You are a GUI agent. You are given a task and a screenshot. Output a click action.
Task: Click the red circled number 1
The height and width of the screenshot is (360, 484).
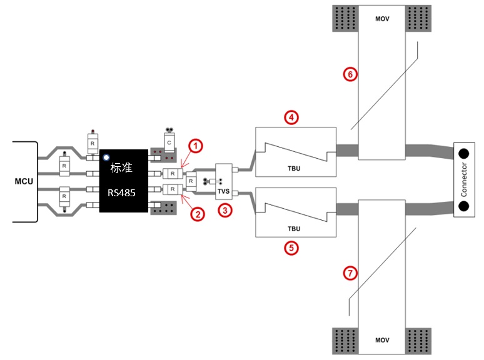click(196, 146)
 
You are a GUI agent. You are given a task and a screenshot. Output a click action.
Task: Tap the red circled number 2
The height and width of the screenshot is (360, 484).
click(198, 214)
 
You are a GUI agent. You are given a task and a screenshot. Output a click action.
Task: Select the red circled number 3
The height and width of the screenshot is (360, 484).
click(225, 211)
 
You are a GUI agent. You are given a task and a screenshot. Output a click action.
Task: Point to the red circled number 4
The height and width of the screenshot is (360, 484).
click(291, 117)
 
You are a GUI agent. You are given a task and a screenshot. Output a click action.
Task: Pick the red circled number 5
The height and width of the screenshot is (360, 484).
click(291, 248)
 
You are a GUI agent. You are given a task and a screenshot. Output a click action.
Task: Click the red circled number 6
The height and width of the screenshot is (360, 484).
click(350, 74)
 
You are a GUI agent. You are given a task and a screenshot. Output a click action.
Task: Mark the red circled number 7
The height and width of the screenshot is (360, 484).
click(350, 273)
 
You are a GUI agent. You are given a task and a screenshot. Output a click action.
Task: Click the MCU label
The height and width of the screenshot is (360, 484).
click(24, 181)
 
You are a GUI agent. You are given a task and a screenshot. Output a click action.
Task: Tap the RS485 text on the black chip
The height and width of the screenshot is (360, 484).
click(121, 192)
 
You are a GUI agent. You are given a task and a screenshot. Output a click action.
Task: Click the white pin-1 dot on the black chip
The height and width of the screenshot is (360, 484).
click(106, 157)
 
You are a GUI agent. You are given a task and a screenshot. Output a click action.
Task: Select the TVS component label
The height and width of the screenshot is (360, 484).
click(223, 191)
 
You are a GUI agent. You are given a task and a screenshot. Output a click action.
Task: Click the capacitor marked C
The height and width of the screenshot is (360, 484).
click(169, 142)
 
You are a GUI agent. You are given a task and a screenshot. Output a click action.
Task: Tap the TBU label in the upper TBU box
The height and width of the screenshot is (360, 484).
click(294, 168)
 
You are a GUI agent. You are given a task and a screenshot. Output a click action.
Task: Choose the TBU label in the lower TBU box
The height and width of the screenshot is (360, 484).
click(294, 229)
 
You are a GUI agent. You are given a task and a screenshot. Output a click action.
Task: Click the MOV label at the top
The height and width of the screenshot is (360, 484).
click(382, 19)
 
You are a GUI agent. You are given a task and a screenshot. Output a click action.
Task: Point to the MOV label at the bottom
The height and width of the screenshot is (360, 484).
click(382, 340)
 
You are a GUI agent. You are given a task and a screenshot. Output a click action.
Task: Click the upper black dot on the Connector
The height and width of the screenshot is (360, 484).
click(463, 153)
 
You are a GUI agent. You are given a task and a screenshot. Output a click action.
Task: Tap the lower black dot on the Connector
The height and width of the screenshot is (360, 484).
click(463, 206)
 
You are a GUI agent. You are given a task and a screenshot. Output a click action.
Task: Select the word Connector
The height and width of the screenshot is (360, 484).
click(464, 180)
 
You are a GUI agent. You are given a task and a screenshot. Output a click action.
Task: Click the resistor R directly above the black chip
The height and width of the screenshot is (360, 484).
click(93, 144)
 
